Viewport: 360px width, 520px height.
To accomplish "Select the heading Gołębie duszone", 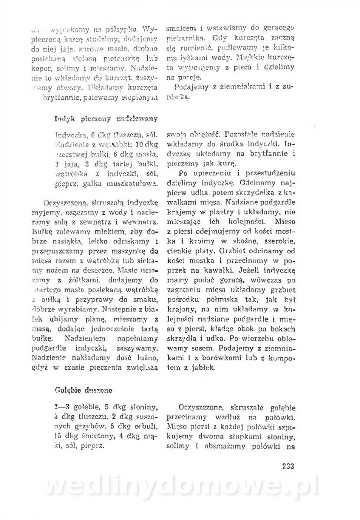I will (x=85, y=389).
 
